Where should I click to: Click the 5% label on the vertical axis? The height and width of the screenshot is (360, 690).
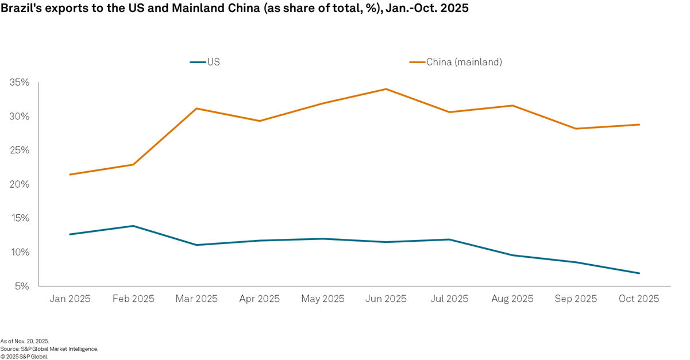pyautogui.click(x=21, y=286)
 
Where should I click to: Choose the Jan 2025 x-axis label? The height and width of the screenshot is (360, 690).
pyautogui.click(x=70, y=299)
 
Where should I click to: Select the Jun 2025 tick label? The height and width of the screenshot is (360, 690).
pyautogui.click(x=386, y=299)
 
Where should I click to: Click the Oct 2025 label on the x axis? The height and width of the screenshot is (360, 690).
pyautogui.click(x=639, y=299)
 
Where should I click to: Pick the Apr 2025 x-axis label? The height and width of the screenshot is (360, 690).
pyautogui.click(x=260, y=299)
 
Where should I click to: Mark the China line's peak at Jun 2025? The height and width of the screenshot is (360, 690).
pyautogui.click(x=386, y=89)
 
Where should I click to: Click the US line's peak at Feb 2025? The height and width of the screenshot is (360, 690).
pyautogui.click(x=133, y=226)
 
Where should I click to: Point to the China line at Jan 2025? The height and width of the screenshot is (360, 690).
pyautogui.click(x=70, y=175)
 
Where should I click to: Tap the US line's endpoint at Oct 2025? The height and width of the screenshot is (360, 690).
pyautogui.click(x=639, y=273)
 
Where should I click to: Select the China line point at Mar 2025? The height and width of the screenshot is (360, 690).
pyautogui.click(x=196, y=109)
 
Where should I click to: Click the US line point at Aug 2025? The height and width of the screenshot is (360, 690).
pyautogui.click(x=512, y=256)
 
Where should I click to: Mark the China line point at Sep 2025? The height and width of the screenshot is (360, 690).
pyautogui.click(x=576, y=129)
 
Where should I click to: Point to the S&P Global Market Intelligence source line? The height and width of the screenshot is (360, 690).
pyautogui.click(x=49, y=349)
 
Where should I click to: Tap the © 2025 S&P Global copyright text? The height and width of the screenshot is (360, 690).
pyautogui.click(x=24, y=356)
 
